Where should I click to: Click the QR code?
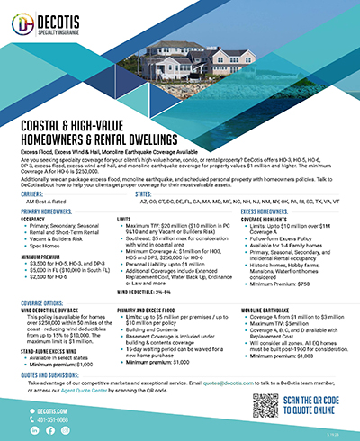tap(274, 404)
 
